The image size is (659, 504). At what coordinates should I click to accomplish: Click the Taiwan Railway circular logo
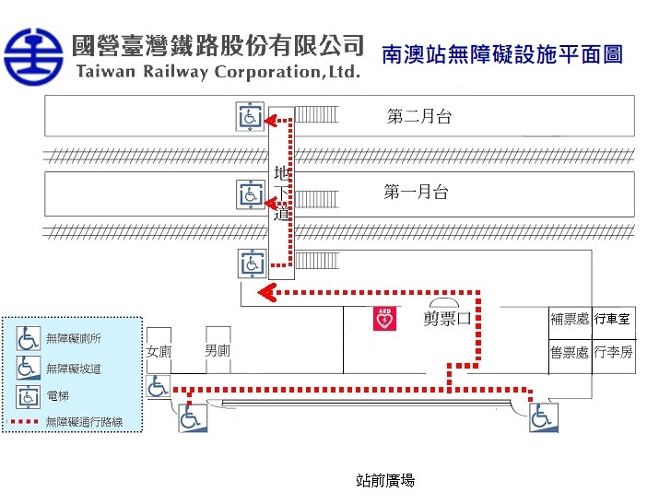tap(35, 55)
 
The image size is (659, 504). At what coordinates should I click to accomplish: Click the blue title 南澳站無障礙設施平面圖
tap(501, 54)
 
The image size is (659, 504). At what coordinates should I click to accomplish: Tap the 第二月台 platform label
tap(419, 117)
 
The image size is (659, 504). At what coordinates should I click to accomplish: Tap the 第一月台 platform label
tap(416, 193)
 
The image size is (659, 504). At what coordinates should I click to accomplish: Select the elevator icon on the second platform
tap(250, 117)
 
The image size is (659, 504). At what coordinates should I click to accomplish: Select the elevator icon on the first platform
tap(250, 194)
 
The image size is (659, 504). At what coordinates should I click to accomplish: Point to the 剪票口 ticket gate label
tap(447, 320)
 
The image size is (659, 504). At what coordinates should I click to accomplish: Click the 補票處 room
tap(569, 319)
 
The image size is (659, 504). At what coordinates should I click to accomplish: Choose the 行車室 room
tap(612, 319)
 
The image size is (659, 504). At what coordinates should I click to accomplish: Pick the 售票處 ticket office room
tap(569, 352)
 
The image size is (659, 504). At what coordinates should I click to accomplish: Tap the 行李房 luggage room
tap(612, 352)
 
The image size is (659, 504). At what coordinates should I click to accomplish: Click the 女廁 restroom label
tap(159, 352)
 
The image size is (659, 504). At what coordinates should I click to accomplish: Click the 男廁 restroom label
tap(218, 351)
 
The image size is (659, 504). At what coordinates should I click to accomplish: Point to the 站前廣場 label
tap(384, 480)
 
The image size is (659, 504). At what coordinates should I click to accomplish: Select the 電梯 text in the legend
tap(57, 395)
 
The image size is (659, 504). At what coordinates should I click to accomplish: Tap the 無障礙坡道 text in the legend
tap(73, 368)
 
